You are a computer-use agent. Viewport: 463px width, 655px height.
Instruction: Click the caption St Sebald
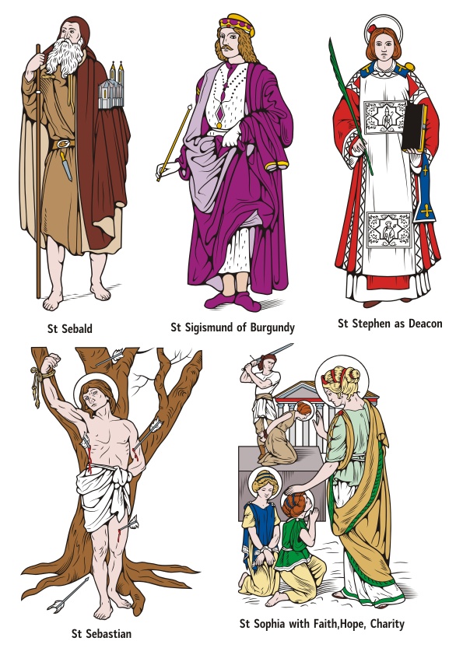pyautogui.click(x=70, y=329)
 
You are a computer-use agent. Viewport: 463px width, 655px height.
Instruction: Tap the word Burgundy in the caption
pyautogui.click(x=272, y=327)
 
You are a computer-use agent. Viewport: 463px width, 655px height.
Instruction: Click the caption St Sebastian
pyautogui.click(x=101, y=634)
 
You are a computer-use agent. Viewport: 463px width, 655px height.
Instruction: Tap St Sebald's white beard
pyautogui.click(x=65, y=57)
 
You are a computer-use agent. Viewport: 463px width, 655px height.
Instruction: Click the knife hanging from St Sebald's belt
pyautogui.click(x=65, y=166)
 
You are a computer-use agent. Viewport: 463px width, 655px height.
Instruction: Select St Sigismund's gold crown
pyautogui.click(x=237, y=24)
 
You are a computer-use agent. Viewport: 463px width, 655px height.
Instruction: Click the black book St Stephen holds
pyautogui.click(x=414, y=128)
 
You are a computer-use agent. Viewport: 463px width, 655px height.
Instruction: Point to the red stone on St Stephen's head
pyautogui.click(x=372, y=30)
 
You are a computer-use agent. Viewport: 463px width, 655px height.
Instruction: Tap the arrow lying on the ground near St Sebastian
pyautogui.click(x=68, y=594)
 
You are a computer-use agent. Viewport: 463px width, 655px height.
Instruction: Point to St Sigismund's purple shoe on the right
pyautogui.click(x=247, y=302)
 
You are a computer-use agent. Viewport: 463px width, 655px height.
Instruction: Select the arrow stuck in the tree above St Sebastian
pyautogui.click(x=110, y=357)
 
